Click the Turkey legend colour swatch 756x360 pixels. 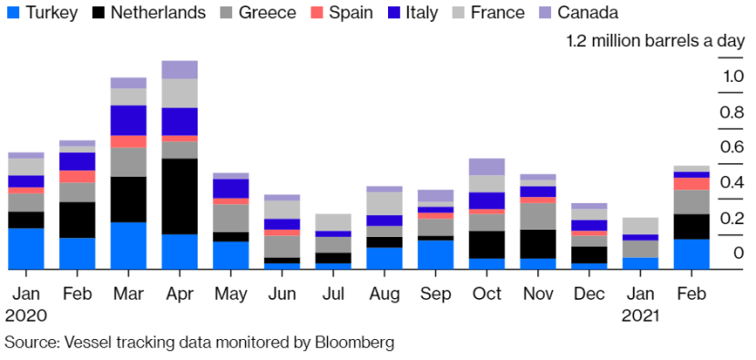coord(13,12)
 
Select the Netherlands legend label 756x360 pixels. coord(158,12)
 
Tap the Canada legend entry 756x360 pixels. coord(579,12)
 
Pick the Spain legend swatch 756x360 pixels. coord(318,12)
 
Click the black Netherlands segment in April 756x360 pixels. coord(179,197)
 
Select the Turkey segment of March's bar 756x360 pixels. coord(128,246)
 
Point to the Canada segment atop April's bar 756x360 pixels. coord(179,69)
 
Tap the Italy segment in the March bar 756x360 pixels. coord(128,120)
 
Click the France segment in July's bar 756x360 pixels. coord(333,222)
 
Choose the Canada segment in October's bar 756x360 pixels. coord(487,167)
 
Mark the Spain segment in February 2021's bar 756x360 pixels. coord(692,184)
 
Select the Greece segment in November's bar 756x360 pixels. coord(538,216)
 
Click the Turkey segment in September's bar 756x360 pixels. coord(436,255)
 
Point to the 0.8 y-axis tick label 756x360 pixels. coord(731,112)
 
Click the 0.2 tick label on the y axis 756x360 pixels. coord(731,219)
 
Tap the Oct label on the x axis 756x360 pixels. coord(487,293)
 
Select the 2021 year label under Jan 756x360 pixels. coord(639,316)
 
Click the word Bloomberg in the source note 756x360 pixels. coord(355,343)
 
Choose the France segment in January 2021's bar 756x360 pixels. coord(640,226)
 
